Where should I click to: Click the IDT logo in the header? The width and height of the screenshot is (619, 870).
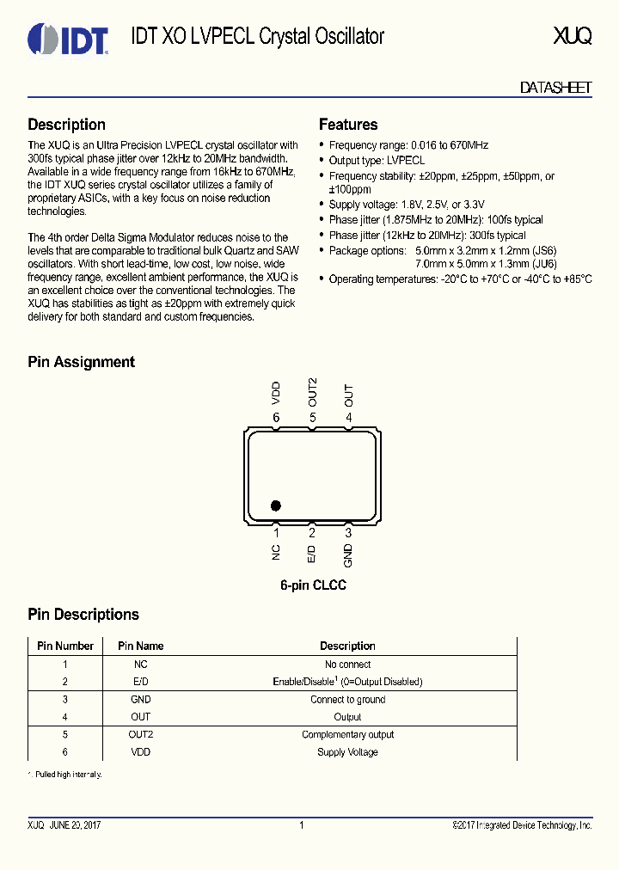pyautogui.click(x=68, y=39)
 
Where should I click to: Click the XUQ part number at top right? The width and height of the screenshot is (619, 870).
pyautogui.click(x=573, y=36)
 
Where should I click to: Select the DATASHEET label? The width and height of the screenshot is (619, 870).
pyautogui.click(x=555, y=89)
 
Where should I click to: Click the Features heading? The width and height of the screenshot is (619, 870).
pyautogui.click(x=348, y=125)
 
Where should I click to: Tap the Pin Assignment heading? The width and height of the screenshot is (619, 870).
pyautogui.click(x=82, y=362)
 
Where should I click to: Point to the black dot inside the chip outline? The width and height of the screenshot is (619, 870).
pyautogui.click(x=276, y=505)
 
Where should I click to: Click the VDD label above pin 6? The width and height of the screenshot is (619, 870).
pyautogui.click(x=276, y=393)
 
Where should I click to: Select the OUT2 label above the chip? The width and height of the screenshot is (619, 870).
pyautogui.click(x=312, y=391)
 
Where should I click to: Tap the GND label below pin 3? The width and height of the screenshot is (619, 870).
pyautogui.click(x=348, y=555)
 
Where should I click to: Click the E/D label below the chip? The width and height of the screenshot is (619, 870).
pyautogui.click(x=312, y=554)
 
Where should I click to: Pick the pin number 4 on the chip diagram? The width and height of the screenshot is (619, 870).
pyautogui.click(x=348, y=418)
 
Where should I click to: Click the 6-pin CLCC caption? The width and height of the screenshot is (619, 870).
pyautogui.click(x=313, y=585)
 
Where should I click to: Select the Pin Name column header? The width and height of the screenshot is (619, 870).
pyautogui.click(x=140, y=646)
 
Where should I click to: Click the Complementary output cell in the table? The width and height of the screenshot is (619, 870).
pyautogui.click(x=347, y=734)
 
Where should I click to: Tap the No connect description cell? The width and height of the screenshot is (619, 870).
pyautogui.click(x=347, y=664)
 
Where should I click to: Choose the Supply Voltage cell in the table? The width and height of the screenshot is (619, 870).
pyautogui.click(x=347, y=752)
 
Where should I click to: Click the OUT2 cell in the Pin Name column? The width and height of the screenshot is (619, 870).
pyautogui.click(x=140, y=734)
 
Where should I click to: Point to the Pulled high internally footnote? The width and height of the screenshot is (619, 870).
pyautogui.click(x=66, y=775)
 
